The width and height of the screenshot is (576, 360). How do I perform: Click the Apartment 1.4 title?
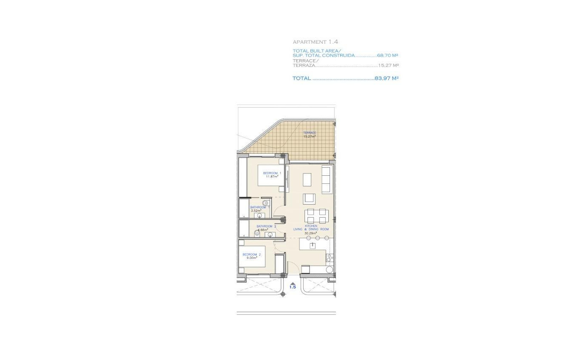tap(315, 42)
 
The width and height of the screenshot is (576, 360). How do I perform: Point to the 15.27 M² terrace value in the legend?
tap(388, 66)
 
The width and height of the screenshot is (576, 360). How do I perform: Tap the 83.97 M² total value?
tap(387, 78)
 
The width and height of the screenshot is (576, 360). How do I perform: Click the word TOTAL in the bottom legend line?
tap(302, 78)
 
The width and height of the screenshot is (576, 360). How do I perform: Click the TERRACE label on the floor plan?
tap(310, 133)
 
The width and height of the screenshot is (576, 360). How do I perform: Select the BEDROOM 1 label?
tap(272, 173)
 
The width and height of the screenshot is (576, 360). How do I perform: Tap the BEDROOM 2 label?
tap(251, 255)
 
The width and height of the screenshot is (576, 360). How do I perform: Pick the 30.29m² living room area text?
tap(311, 233)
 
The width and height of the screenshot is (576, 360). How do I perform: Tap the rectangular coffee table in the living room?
tap(307, 180)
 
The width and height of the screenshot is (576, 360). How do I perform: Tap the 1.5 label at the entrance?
tap(292, 287)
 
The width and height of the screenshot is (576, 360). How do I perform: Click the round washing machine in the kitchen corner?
tap(329, 269)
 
